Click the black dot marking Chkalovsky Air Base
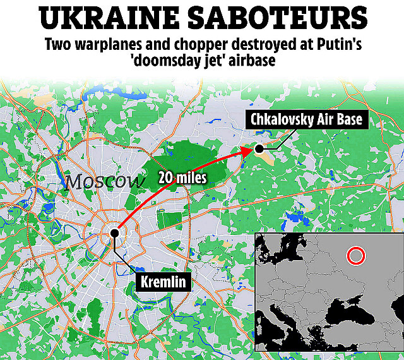click(259, 148)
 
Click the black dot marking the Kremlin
click(115, 233)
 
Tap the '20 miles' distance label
click(183, 178)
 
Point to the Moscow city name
click(105, 182)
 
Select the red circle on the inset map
click(356, 255)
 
